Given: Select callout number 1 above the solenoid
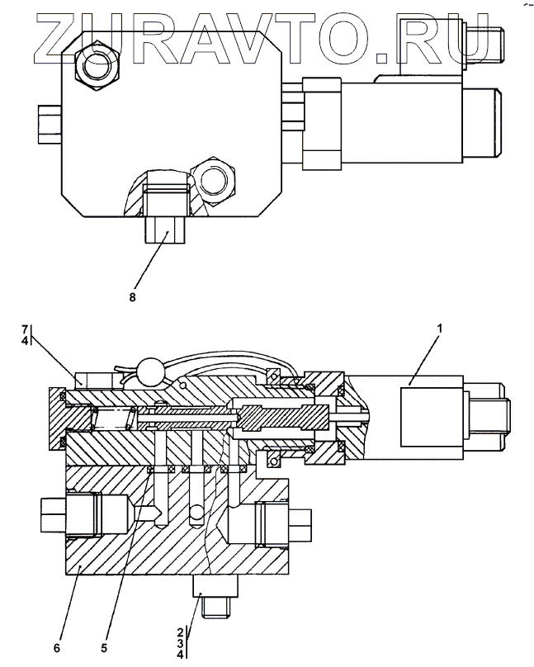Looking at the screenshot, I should (440, 329).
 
